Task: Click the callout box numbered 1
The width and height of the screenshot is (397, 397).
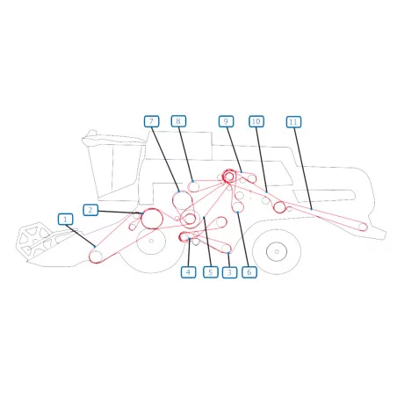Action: pyautogui.click(x=65, y=220)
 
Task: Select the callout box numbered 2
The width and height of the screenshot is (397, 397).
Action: pyautogui.click(x=90, y=210)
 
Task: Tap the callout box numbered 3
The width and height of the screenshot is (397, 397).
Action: pyautogui.click(x=229, y=272)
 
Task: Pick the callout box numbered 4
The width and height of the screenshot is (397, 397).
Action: pyautogui.click(x=189, y=272)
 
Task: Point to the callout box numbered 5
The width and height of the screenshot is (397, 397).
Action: pyautogui.click(x=211, y=272)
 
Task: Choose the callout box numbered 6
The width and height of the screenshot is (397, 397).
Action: pyautogui.click(x=249, y=272)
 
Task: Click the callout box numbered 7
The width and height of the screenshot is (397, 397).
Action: pyautogui.click(x=152, y=121)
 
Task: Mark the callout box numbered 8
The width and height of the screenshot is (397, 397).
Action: pyautogui.click(x=178, y=121)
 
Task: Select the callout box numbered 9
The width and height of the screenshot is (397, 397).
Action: pyautogui.click(x=226, y=121)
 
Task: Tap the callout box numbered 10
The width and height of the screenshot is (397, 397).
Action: pyautogui.click(x=256, y=121)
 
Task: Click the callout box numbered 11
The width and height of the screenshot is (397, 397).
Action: pyautogui.click(x=293, y=122)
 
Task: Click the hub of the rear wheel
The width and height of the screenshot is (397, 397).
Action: pyautogui.click(x=277, y=251)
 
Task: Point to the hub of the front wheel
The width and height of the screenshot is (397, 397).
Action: pyautogui.click(x=151, y=241)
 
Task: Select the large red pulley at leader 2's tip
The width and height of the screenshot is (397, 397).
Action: pyautogui.click(x=152, y=219)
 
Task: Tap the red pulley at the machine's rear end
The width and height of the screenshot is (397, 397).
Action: pyautogui.click(x=363, y=227)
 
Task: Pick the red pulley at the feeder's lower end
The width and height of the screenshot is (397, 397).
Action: pyautogui.click(x=96, y=256)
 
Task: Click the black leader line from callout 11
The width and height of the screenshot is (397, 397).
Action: pyautogui.click(x=303, y=168)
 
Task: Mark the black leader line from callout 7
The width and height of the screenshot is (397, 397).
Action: pyautogui.click(x=165, y=159)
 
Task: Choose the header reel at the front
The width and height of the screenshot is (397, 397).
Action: pyautogui.click(x=34, y=241)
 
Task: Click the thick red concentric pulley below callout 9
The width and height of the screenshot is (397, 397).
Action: pyautogui.click(x=229, y=177)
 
